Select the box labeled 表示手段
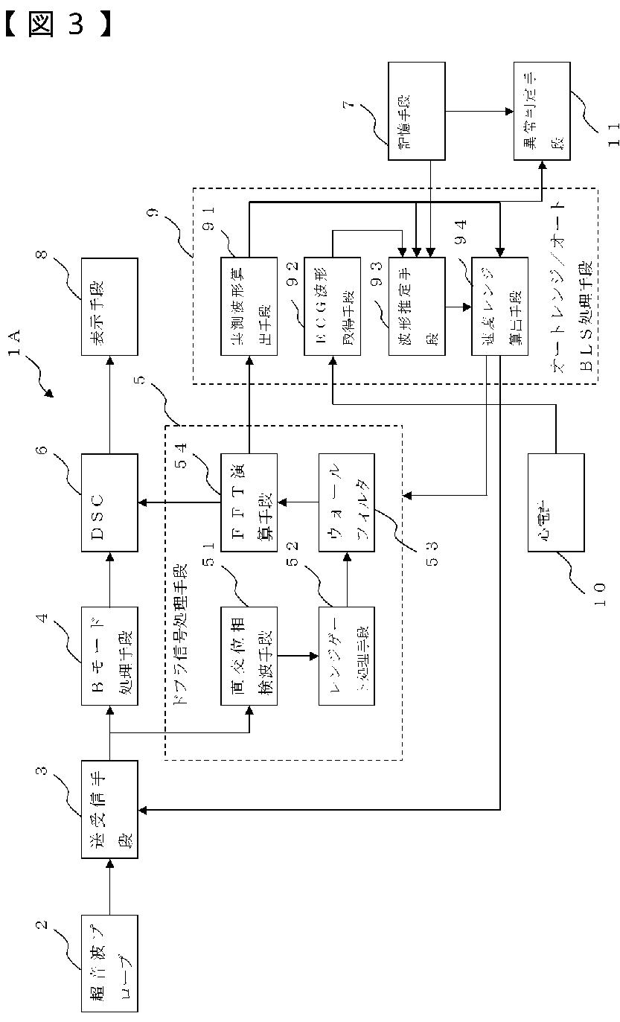tap(109, 307)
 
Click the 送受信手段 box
tap(109, 809)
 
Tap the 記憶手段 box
tap(416, 112)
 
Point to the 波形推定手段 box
tap(416, 307)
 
